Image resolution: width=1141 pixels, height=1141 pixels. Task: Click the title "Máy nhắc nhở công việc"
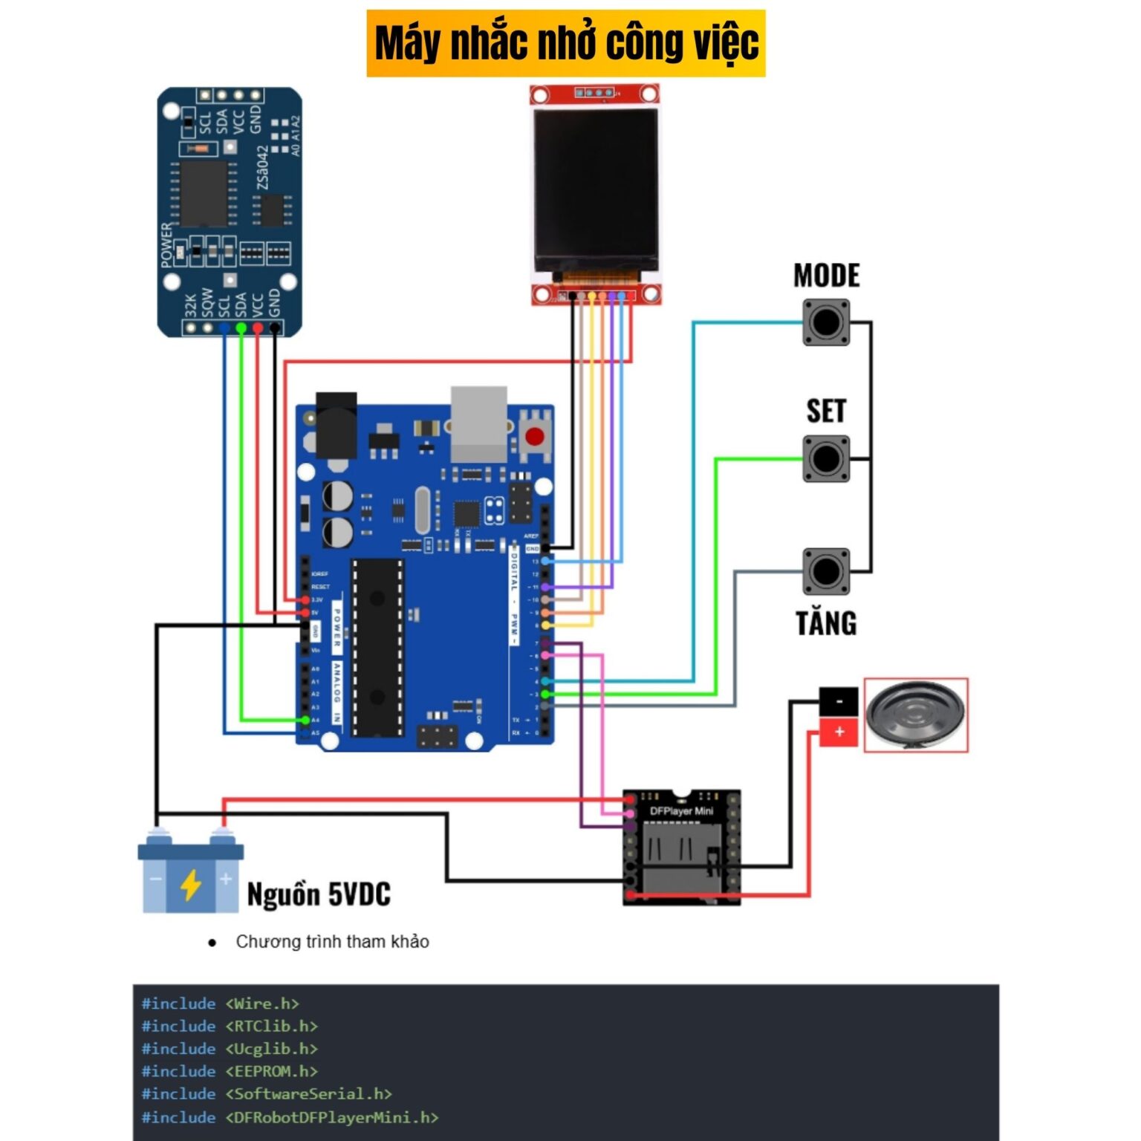[x=565, y=43]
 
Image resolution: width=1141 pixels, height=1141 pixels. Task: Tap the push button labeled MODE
[x=826, y=322]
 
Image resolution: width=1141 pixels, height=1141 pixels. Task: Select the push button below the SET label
[x=826, y=459]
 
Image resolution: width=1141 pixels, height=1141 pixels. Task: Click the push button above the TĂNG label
[x=826, y=571]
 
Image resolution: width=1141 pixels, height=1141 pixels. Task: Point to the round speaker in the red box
[x=916, y=715]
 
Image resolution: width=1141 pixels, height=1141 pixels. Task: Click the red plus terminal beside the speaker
[x=839, y=732]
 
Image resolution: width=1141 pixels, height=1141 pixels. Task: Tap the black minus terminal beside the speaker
[x=839, y=701]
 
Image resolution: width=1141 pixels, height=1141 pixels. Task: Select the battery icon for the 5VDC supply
[x=191, y=875]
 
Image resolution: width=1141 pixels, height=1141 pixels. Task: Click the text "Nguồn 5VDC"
[x=319, y=894]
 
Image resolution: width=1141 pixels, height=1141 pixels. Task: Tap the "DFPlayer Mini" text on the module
[x=681, y=811]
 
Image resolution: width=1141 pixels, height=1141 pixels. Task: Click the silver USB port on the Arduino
[x=479, y=423]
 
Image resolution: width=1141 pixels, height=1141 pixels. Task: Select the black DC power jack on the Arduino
[x=337, y=425]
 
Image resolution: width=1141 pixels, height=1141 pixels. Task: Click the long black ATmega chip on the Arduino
[x=377, y=647]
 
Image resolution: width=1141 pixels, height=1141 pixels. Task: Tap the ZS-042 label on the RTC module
[x=262, y=167]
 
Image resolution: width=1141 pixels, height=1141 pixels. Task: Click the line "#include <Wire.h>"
[x=221, y=1004]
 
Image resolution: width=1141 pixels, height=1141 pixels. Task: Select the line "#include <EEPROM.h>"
[x=230, y=1071]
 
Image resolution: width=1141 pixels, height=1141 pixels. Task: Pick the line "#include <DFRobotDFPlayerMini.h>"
[x=290, y=1117]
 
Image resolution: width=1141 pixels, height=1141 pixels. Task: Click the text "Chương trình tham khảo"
[x=332, y=942]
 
